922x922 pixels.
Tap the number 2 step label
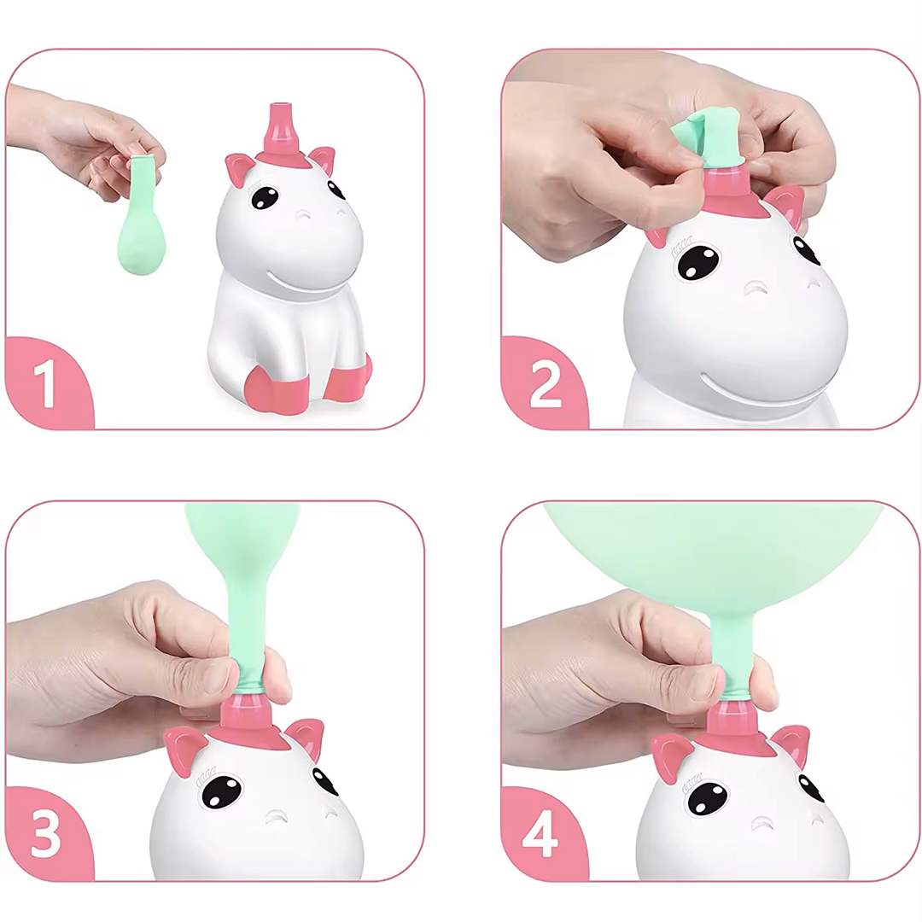coord(545,384)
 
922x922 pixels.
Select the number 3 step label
coord(46,834)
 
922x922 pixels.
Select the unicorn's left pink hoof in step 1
coord(277,389)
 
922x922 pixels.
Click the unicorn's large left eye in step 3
coord(222,791)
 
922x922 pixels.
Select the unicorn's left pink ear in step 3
coord(183,749)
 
